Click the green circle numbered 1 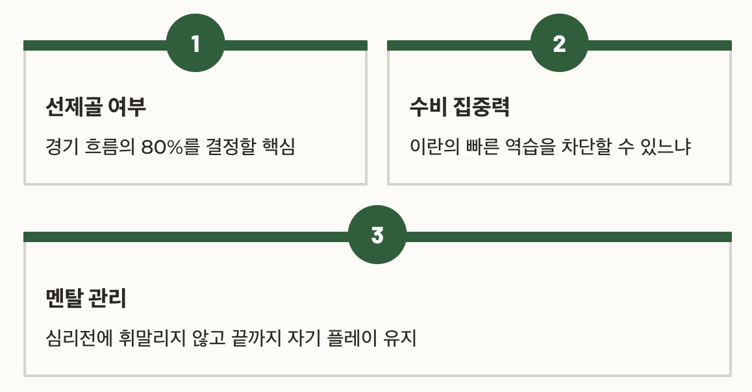(195, 44)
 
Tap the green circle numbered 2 (559, 44)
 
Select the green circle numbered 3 (377, 235)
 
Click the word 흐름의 (109, 147)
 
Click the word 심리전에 (71, 339)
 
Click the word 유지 (401, 339)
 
